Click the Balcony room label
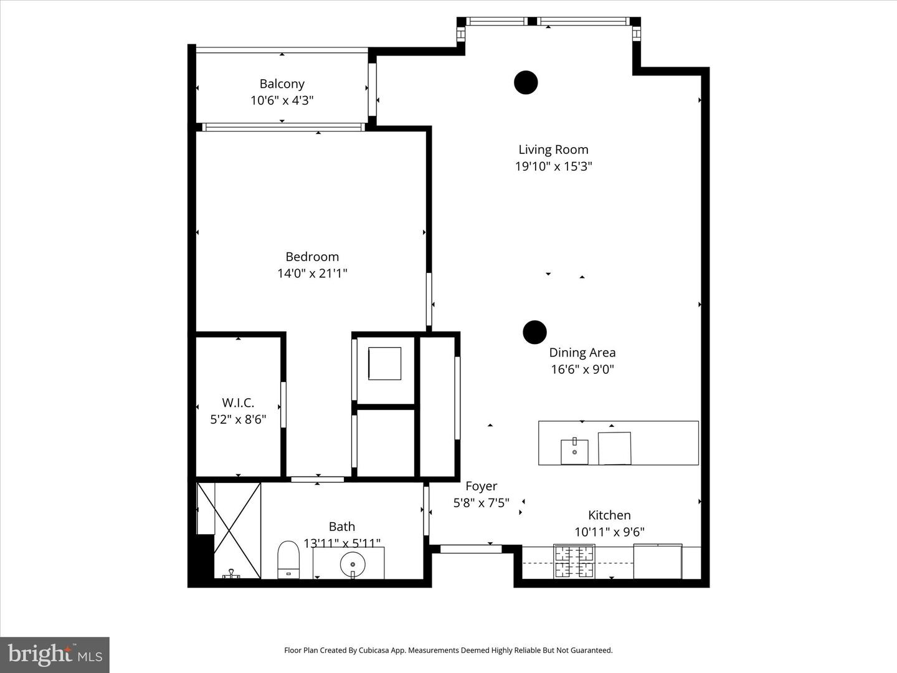pyautogui.click(x=282, y=84)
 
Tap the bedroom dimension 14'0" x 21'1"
pyautogui.click(x=312, y=273)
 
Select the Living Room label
pyautogui.click(x=553, y=150)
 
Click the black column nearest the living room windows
pyautogui.click(x=526, y=82)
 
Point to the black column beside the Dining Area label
pyautogui.click(x=534, y=332)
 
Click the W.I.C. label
pyautogui.click(x=238, y=403)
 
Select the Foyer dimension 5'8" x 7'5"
pyautogui.click(x=481, y=502)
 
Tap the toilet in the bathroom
pyautogui.click(x=288, y=559)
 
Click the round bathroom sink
pyautogui.click(x=353, y=565)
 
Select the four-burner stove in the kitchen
pyautogui.click(x=574, y=561)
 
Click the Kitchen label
pyautogui.click(x=609, y=515)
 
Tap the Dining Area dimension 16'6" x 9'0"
pyautogui.click(x=582, y=369)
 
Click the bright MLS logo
pyautogui.click(x=55, y=654)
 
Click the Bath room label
pyautogui.click(x=342, y=527)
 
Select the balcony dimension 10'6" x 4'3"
pyautogui.click(x=282, y=100)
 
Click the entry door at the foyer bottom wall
pyautogui.click(x=466, y=549)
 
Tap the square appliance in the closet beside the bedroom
pyautogui.click(x=384, y=363)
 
